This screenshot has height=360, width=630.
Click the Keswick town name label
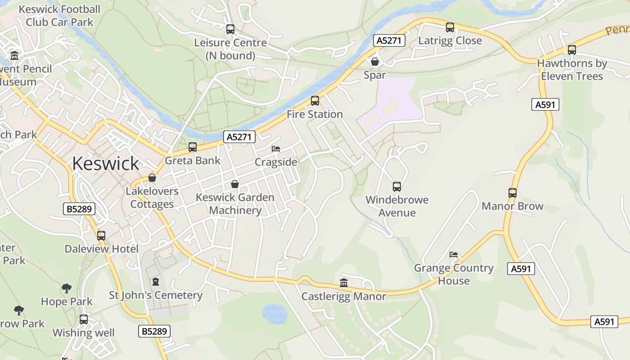105,163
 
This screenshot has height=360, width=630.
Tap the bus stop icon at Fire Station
315,101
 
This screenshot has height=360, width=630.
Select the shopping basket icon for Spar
374,62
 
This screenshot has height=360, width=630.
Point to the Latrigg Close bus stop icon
450,27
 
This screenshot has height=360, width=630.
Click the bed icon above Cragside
276,149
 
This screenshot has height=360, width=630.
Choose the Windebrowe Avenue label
397,206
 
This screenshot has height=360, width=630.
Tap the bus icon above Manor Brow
513,193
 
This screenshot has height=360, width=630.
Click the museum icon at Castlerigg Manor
344,283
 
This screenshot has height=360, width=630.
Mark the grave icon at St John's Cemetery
156,282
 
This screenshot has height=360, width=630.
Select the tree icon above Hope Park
67,288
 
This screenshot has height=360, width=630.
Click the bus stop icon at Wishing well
84,319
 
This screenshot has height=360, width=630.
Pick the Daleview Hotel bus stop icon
101,235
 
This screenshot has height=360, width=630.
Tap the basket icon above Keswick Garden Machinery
235,184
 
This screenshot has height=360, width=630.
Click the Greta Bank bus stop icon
193,147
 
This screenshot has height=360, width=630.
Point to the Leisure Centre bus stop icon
230,29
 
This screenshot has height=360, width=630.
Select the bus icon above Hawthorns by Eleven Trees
572,50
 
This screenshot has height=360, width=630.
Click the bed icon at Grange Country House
454,255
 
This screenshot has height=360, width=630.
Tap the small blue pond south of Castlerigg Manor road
274,314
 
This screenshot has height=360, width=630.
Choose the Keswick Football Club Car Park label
59,16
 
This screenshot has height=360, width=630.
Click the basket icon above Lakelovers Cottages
152,178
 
